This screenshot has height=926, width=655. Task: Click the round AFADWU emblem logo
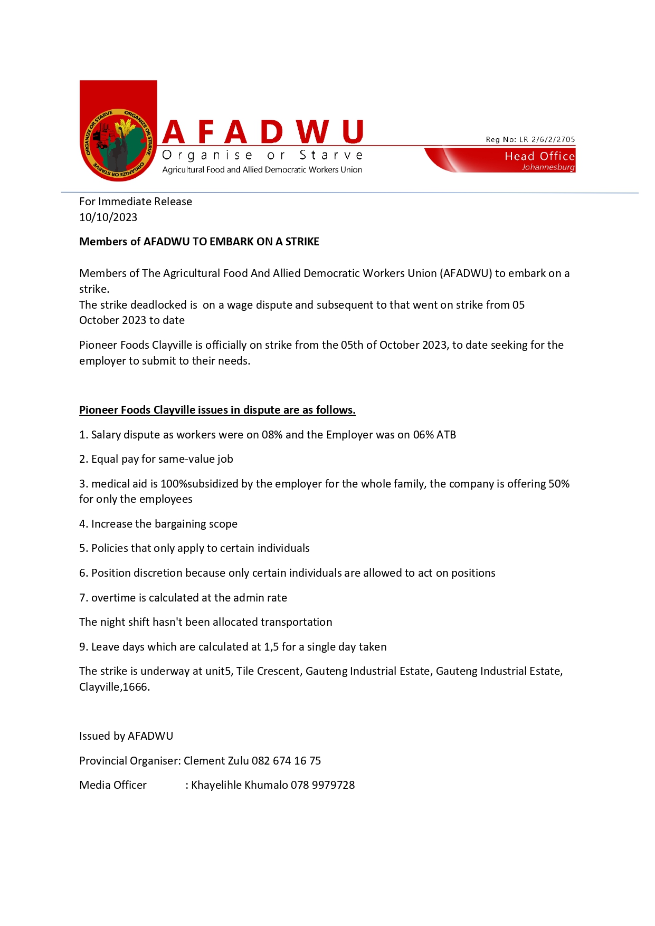118,144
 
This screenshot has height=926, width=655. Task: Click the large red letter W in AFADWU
312,132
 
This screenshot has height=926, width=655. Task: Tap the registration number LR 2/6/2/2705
547,140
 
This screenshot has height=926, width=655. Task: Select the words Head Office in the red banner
539,156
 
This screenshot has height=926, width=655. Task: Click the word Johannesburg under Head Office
548,167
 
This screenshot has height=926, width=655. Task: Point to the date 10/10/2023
108,217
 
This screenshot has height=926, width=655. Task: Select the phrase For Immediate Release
136,202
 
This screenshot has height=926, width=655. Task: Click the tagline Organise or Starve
262,155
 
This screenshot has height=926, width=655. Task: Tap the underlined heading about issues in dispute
217,410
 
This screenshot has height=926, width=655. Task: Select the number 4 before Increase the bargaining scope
82,524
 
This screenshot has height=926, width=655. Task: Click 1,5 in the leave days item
271,647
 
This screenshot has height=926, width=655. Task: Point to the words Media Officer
113,785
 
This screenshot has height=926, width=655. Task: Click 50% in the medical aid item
559,484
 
